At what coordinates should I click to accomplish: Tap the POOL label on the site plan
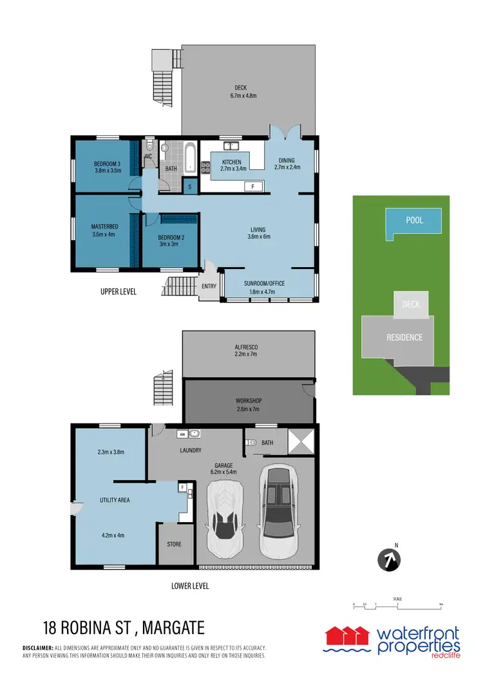pos(415,220)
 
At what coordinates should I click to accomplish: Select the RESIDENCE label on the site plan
pos(404,337)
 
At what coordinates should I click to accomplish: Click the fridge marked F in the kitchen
pos(253,186)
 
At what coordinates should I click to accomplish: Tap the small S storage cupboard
pos(190,187)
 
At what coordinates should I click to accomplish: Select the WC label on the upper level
pos(148,156)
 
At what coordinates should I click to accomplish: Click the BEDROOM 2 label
pos(171,238)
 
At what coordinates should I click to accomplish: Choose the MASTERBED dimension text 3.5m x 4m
pos(104,235)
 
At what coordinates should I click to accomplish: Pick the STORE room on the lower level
pos(174,545)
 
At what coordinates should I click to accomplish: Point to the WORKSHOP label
pos(249,400)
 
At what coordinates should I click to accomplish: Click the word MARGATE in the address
pos(175,626)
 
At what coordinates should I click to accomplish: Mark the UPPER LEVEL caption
pos(118,292)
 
